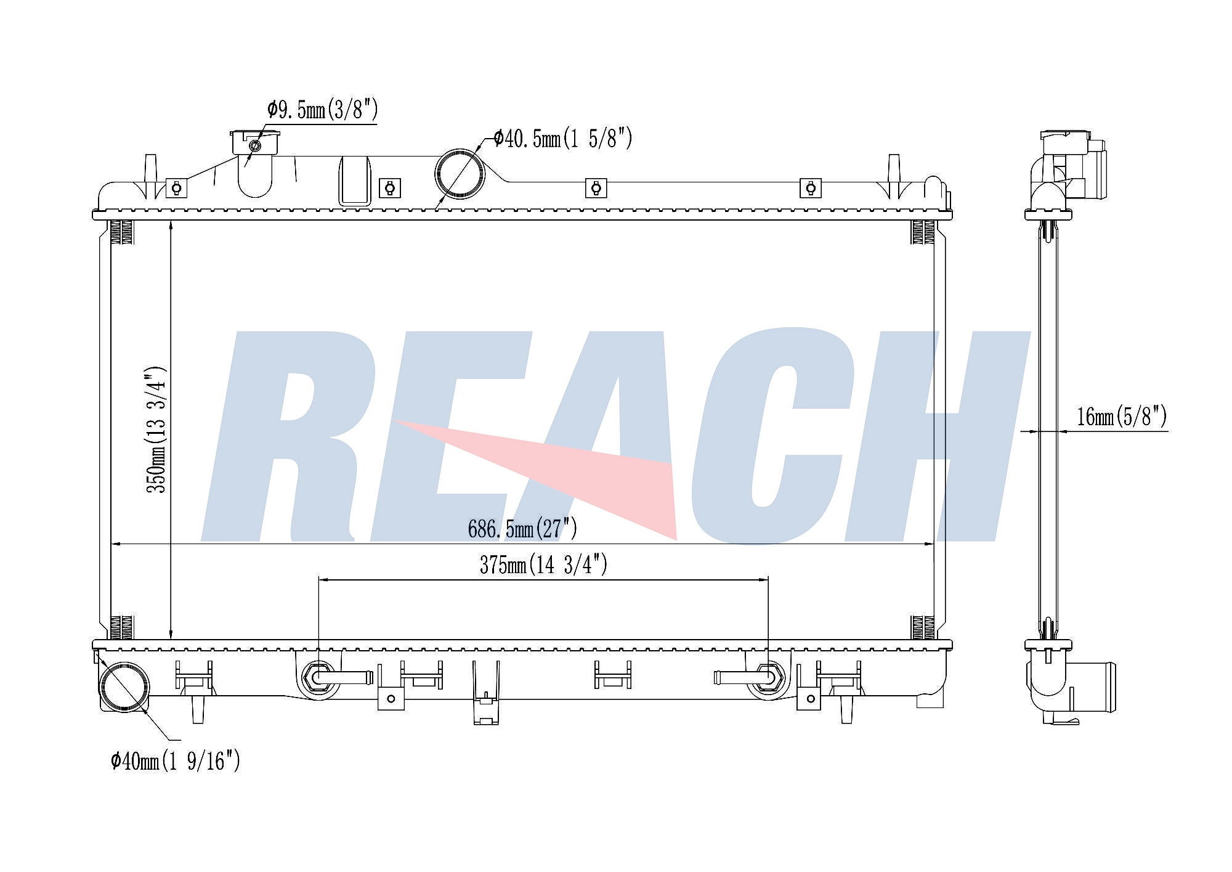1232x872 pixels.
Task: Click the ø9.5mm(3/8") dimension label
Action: pos(322,111)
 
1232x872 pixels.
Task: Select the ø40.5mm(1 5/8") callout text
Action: pos(562,139)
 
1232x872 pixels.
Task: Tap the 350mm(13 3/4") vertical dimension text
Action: pos(156,430)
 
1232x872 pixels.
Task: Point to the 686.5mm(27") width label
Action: pos(522,529)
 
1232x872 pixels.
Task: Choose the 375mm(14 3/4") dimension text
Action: pos(543,564)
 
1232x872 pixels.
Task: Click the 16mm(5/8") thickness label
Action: pos(1121,417)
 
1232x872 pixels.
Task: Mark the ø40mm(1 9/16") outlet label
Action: pos(175,762)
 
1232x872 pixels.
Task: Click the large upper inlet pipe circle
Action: pos(460,173)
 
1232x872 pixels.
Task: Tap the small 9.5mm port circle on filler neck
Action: pos(254,145)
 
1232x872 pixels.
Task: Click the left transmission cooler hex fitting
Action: pos(318,678)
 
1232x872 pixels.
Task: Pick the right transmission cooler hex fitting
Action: pos(768,678)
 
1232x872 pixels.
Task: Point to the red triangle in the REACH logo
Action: pos(585,475)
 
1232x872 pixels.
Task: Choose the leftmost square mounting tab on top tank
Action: pos(176,187)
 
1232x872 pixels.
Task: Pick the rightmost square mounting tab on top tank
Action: pos(810,187)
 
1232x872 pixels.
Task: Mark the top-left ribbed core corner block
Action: pos(121,232)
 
